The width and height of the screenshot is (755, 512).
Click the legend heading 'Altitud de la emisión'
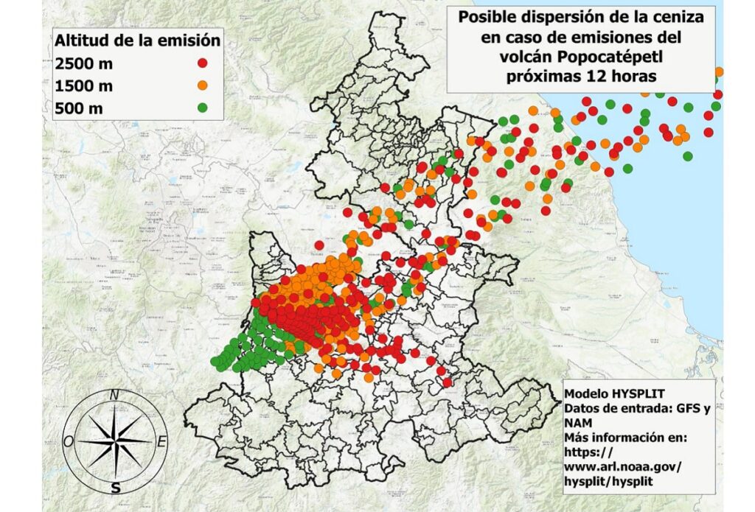137,40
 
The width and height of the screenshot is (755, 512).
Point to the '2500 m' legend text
83,63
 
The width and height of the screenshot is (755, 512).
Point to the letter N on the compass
114,395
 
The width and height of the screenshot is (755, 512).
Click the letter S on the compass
115,488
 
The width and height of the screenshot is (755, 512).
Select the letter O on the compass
68,441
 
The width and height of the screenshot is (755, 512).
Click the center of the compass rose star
115,441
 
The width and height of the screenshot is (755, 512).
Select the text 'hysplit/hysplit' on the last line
609,481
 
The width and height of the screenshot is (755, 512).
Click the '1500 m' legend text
83,86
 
